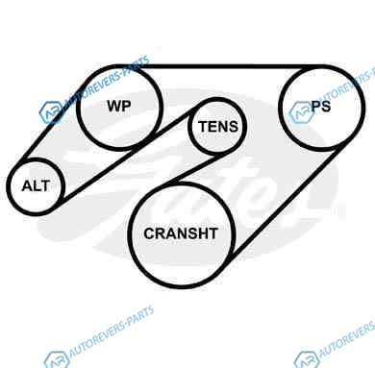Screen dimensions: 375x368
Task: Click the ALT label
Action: point(36,185)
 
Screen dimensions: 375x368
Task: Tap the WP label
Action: point(119,106)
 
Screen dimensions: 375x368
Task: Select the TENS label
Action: point(218,127)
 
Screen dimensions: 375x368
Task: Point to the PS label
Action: point(321,106)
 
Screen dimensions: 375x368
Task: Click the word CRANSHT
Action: point(181,233)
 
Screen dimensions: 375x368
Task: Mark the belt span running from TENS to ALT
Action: point(128,152)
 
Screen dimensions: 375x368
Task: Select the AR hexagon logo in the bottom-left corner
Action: point(57,359)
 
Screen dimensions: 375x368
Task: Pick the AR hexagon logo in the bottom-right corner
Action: point(307,359)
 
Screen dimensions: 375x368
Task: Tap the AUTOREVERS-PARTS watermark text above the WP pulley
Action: point(108,81)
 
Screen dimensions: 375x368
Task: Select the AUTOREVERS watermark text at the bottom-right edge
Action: point(347,339)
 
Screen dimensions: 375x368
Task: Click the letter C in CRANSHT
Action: point(149,233)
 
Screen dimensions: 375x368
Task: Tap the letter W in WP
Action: point(114,106)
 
